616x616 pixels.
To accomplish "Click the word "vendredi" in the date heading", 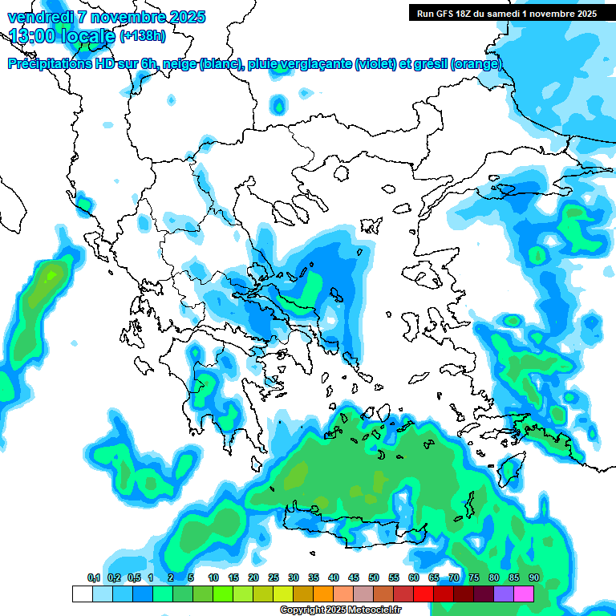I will pyautogui.click(x=37, y=17).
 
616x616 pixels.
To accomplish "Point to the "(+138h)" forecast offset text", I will pyautogui.click(x=143, y=36).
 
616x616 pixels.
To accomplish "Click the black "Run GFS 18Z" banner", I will pyautogui.click(x=507, y=13).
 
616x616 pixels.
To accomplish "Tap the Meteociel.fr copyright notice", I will pyautogui.click(x=340, y=610).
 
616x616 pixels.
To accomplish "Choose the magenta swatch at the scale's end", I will pyautogui.click(x=524, y=594).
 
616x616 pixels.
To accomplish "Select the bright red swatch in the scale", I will pyautogui.click(x=423, y=594).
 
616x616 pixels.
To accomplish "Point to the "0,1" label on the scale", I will pyautogui.click(x=93, y=577).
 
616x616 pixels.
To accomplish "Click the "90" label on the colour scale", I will pyautogui.click(x=534, y=577).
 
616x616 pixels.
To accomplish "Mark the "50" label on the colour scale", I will pyautogui.click(x=374, y=577).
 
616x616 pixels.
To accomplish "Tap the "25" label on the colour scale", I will pyautogui.click(x=274, y=577).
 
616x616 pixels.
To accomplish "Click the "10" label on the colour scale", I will pyautogui.click(x=213, y=577).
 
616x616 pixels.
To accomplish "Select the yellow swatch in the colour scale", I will pyautogui.click(x=283, y=594).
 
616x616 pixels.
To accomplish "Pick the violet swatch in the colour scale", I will pyautogui.click(x=504, y=594).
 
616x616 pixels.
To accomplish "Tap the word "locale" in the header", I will pyautogui.click(x=87, y=36).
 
